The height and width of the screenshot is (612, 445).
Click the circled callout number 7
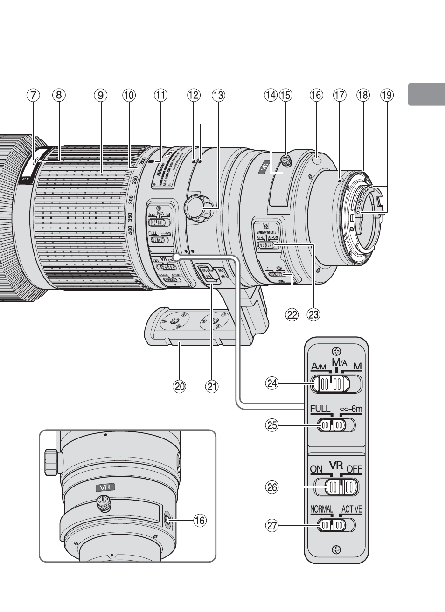(33, 95)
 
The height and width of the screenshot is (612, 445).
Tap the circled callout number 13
(218, 95)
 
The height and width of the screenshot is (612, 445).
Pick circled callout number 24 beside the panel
(271, 383)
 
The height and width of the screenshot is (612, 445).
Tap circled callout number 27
(271, 526)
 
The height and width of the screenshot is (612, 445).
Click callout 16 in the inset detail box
(199, 520)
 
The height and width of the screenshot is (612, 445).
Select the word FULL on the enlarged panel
(320, 409)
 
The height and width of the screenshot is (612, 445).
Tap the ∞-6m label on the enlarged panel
(351, 409)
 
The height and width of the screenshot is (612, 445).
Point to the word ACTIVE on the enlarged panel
(351, 509)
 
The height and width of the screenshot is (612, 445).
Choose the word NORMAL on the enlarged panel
(321, 509)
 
